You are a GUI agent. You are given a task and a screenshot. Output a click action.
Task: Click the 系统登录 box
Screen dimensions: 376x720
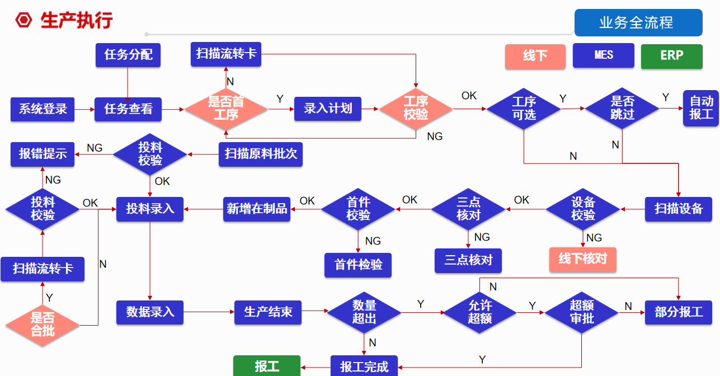point(44,109)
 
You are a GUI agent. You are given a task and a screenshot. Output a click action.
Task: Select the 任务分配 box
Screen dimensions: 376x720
point(128,55)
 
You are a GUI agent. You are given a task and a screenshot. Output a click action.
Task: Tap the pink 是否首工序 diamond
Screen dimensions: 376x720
point(226,109)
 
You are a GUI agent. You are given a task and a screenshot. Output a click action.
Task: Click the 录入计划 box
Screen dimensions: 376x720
point(328,109)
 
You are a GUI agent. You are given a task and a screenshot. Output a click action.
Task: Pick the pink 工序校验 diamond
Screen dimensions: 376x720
point(416,109)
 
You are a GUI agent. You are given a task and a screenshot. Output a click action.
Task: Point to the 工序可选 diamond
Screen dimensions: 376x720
point(524,109)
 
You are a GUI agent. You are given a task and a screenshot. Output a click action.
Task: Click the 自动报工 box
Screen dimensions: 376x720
point(701,108)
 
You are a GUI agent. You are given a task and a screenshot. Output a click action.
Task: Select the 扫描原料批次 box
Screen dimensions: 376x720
point(261,153)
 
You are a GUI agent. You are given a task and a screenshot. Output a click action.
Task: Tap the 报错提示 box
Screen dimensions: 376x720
point(43,153)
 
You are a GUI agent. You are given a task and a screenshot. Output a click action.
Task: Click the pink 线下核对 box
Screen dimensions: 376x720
point(582,260)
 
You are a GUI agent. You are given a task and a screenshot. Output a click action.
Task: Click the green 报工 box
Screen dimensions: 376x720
point(267,366)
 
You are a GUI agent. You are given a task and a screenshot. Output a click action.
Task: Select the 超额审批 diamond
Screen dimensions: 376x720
point(581,312)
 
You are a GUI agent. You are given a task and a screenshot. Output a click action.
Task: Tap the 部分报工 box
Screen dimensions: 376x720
point(679,312)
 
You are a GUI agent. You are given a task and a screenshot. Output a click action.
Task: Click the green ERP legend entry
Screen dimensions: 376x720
point(671,56)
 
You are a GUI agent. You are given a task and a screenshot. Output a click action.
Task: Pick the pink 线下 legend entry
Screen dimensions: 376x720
point(535,56)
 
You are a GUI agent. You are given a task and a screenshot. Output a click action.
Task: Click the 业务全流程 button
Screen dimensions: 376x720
point(638,23)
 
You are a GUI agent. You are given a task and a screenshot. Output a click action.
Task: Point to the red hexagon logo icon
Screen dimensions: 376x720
point(24,20)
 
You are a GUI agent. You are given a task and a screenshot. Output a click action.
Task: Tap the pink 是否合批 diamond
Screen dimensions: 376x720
point(43,325)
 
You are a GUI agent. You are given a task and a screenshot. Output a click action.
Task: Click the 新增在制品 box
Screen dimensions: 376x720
point(257,209)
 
